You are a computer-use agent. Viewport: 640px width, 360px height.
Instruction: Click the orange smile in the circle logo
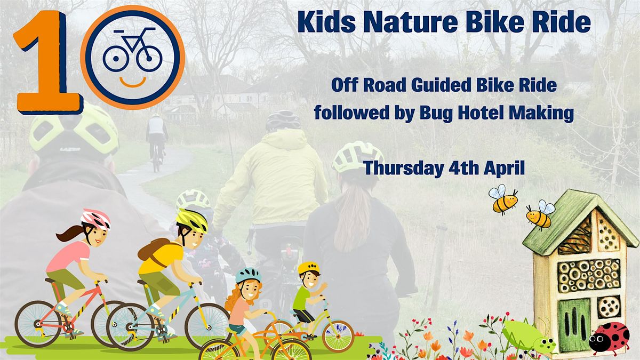[x=132, y=81]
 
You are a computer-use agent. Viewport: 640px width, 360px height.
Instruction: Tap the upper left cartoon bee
[x=502, y=199]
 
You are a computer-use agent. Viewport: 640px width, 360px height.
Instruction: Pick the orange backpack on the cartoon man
[x=151, y=251]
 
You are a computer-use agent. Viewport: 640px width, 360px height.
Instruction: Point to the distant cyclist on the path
[x=156, y=139]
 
